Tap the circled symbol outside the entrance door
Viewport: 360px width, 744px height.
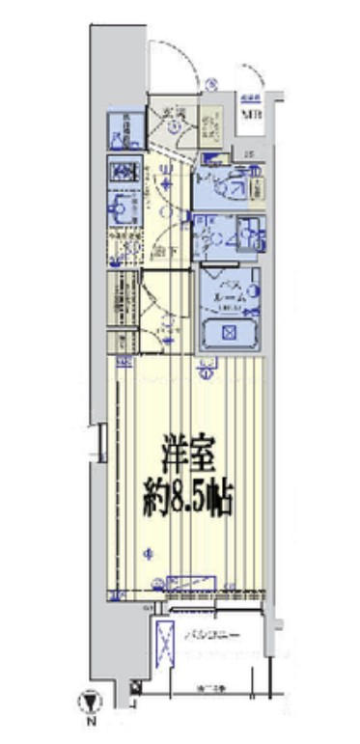[x=210, y=84]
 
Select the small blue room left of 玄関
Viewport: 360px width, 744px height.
[x=125, y=129]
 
